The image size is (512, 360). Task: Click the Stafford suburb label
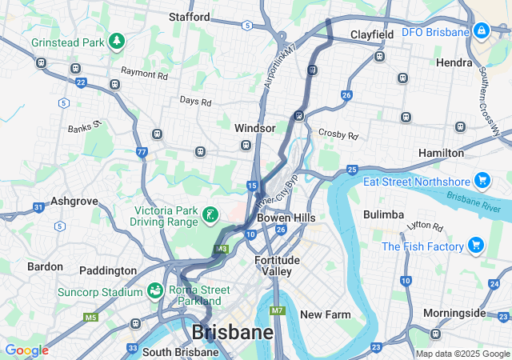(x=190, y=17)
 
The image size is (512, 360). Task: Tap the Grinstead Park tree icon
(x=117, y=40)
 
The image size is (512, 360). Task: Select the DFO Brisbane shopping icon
(x=481, y=31)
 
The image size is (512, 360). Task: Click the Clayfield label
(x=372, y=35)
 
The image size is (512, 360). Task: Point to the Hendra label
(x=454, y=62)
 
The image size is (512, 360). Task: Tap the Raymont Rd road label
(x=145, y=74)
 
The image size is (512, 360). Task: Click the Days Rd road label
(x=195, y=102)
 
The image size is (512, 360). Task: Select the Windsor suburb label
(x=254, y=128)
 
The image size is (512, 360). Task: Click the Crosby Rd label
(x=335, y=134)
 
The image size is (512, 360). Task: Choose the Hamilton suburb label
(x=441, y=152)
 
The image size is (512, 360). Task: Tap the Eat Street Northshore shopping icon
(x=481, y=180)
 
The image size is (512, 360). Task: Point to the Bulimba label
(x=382, y=214)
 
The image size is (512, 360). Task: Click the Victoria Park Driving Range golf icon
(x=210, y=214)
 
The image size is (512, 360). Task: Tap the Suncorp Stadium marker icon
(x=154, y=290)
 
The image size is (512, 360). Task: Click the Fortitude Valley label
(x=277, y=266)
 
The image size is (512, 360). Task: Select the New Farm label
(x=325, y=314)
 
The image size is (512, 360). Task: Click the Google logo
(x=26, y=350)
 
